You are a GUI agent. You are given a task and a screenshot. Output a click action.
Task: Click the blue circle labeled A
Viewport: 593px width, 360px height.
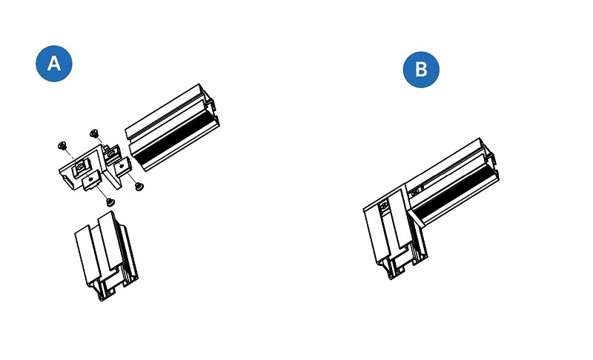point(54,64)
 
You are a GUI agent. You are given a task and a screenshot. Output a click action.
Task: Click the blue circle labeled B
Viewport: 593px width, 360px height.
point(421,70)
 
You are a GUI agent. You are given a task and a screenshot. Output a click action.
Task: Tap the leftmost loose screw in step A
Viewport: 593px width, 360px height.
point(62,145)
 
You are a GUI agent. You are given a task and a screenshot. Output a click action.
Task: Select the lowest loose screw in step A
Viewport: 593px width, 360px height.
point(110,202)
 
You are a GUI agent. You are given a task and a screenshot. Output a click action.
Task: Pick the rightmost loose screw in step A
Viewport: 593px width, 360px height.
point(139,186)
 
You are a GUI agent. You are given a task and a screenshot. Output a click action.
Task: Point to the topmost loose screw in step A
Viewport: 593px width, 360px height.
point(94,133)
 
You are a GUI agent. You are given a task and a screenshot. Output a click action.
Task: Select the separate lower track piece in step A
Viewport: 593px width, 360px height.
point(106,256)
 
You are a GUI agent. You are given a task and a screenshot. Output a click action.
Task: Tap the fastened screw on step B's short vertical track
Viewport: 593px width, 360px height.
point(385,206)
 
